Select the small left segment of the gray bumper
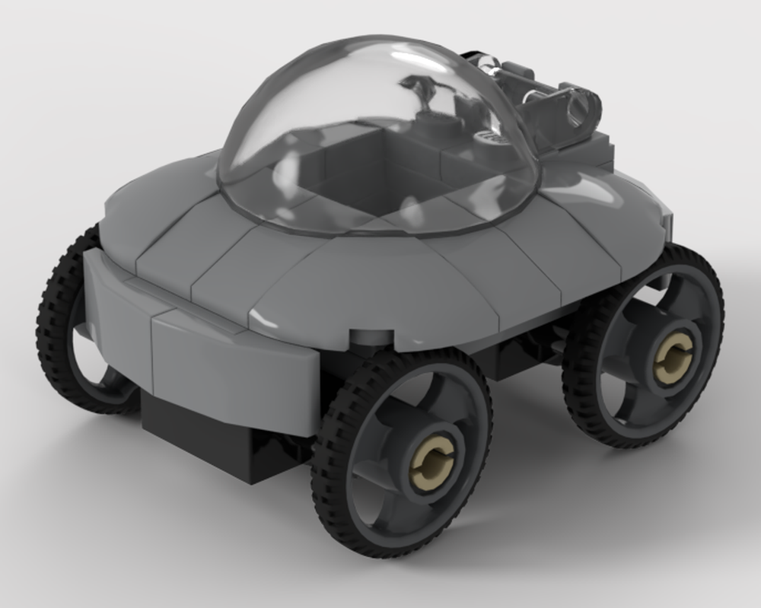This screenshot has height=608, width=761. coord(114,297)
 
